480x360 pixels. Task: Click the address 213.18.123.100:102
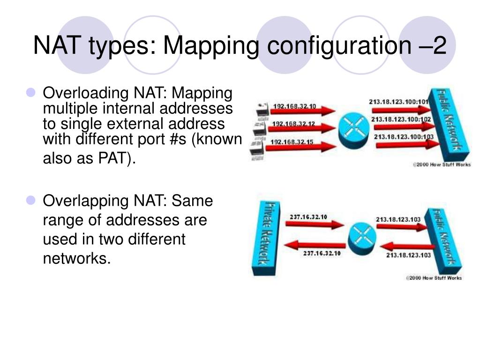[401, 120]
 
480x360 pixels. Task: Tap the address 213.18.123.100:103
[403, 137]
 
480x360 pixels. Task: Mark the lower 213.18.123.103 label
[408, 255]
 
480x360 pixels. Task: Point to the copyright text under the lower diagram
[434, 278]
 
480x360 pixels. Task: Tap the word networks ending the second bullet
[77, 258]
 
